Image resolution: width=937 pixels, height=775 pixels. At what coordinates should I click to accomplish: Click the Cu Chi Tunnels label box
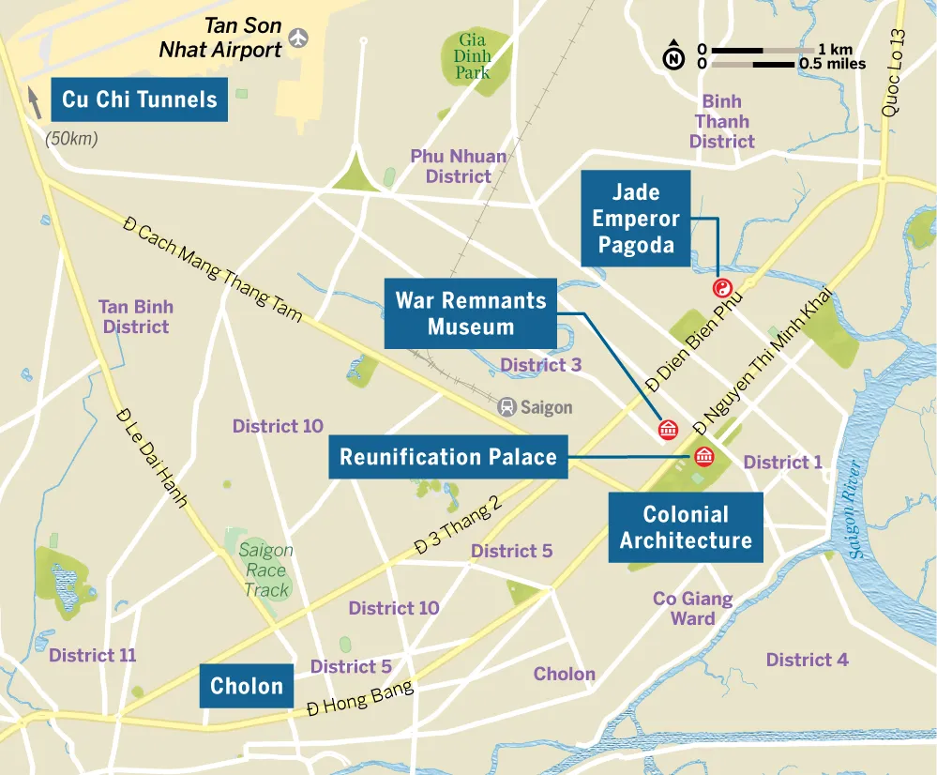pos(139,99)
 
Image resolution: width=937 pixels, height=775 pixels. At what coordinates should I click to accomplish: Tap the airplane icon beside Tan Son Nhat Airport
pos(299,38)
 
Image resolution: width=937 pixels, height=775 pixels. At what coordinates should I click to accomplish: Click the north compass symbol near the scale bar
pos(673,56)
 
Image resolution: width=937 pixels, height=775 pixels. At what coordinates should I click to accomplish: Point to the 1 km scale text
pos(835,49)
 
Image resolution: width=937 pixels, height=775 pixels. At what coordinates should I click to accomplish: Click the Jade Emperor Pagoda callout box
pos(636,219)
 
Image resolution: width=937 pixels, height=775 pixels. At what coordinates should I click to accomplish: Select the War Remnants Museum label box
pos(470,313)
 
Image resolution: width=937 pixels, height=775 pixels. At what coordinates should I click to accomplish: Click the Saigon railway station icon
pos(507,407)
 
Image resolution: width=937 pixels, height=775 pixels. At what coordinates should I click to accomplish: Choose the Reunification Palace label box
pos(447,457)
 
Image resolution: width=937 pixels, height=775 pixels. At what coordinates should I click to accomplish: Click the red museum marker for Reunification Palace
pos(703,457)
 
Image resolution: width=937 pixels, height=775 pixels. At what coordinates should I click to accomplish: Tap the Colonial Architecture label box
pos(685,527)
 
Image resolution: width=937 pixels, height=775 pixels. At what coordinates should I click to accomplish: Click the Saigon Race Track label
pos(265,570)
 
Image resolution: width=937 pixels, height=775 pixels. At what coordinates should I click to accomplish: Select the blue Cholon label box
pos(246,686)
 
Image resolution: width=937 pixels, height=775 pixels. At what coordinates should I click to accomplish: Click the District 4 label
pos(807,660)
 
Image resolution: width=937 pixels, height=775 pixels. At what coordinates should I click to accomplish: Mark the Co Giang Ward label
pos(692,608)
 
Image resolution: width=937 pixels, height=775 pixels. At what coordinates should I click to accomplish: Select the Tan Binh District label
pos(136,316)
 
